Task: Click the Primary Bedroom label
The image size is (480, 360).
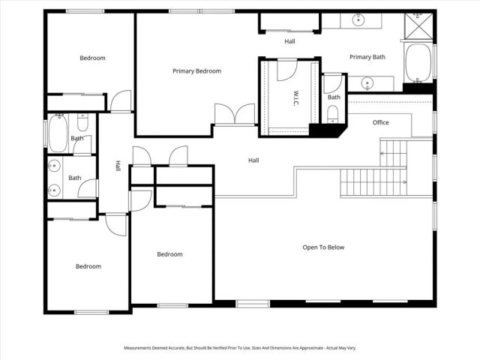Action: [x=196, y=71]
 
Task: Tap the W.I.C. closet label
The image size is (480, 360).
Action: [x=296, y=97]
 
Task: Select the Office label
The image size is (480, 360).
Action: [x=380, y=122]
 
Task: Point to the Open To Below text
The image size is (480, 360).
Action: [x=323, y=247]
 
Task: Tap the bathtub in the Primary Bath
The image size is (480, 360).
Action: [x=418, y=63]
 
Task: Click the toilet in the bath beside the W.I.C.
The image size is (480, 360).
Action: [x=332, y=115]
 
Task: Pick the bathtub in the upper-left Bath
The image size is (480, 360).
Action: [x=58, y=133]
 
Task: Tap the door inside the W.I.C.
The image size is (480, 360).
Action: [x=287, y=70]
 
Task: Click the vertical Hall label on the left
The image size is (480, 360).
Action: [x=118, y=166]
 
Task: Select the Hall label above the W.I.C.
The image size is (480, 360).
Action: [x=289, y=42]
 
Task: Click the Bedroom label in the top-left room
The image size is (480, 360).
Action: [x=92, y=58]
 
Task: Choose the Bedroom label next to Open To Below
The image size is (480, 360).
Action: [x=169, y=254]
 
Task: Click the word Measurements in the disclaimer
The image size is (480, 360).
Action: [x=141, y=348]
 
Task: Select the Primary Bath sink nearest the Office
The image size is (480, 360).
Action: [x=367, y=82]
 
